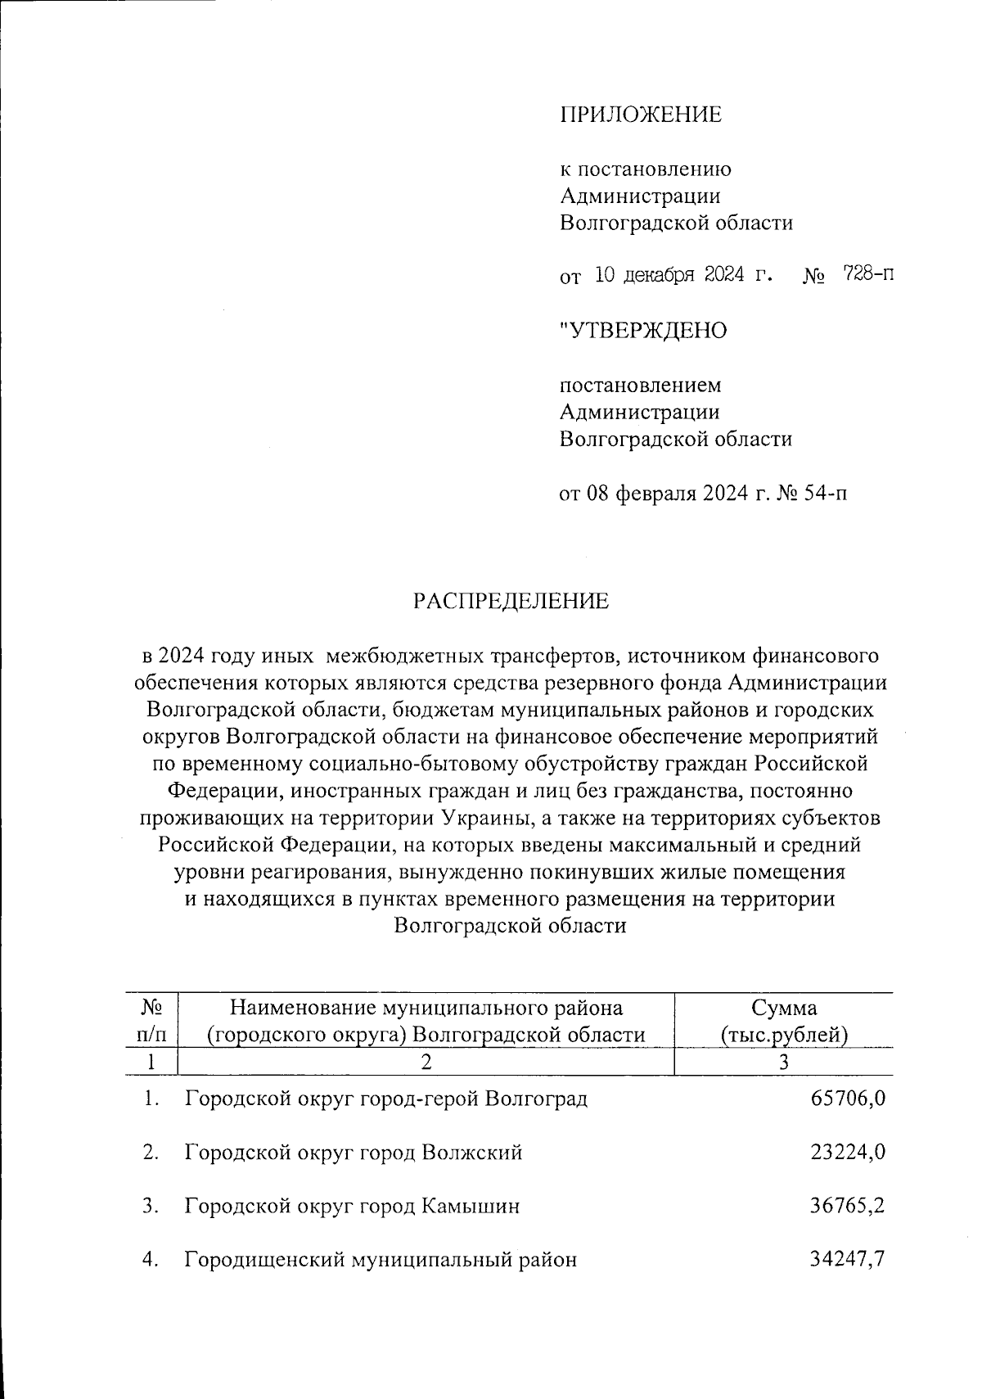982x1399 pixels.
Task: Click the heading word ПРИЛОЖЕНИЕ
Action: click(641, 115)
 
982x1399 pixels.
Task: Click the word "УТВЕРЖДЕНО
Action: click(643, 331)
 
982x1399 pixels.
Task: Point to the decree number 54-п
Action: click(824, 494)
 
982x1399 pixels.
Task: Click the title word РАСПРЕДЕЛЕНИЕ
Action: click(511, 602)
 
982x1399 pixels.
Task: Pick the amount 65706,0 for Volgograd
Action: click(848, 1099)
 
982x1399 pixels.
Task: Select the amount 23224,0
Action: click(848, 1153)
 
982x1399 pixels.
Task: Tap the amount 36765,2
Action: click(848, 1206)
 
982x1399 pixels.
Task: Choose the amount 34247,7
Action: click(848, 1260)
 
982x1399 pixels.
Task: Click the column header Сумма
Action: click(784, 1008)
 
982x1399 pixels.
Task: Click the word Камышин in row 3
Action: click(471, 1207)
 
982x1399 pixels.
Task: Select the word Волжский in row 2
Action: click(472, 1153)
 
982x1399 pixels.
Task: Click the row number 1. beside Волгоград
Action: click(151, 1099)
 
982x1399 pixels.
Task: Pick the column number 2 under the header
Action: click(426, 1063)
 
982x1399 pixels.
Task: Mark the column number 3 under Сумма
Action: click(783, 1063)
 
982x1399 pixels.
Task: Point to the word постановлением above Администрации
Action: click(641, 385)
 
